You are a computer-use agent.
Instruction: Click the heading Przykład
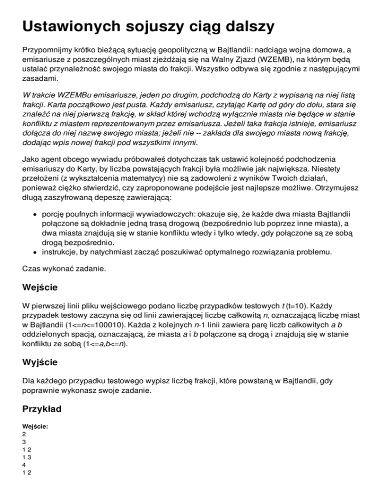[42, 409]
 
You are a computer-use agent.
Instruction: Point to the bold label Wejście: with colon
[35, 427]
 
